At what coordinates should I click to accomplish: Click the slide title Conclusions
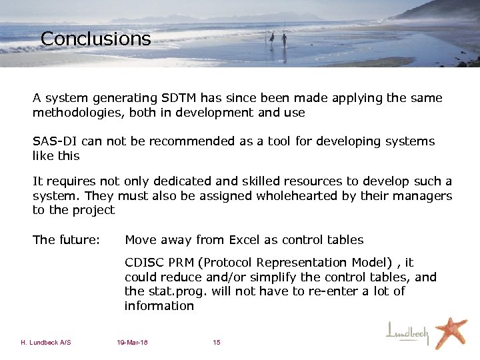click(x=95, y=39)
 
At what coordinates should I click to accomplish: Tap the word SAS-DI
click(x=53, y=141)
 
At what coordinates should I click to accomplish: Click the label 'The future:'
click(x=66, y=240)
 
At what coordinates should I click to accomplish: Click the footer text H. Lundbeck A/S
click(x=46, y=343)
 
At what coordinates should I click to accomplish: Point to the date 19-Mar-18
click(x=132, y=343)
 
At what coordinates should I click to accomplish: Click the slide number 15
click(x=217, y=343)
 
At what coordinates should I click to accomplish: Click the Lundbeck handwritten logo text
click(x=409, y=332)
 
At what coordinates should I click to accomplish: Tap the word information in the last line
click(x=159, y=306)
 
